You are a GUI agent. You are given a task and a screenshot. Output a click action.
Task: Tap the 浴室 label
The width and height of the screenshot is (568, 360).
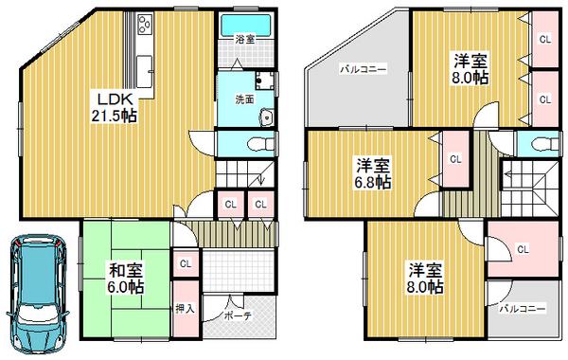point(244,39)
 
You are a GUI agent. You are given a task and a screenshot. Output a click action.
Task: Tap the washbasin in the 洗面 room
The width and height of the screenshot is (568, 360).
point(265,118)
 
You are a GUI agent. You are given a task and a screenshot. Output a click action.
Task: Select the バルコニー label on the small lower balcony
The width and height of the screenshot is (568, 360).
point(522,309)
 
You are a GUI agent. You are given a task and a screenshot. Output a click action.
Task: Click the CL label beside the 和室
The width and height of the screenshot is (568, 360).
point(186,264)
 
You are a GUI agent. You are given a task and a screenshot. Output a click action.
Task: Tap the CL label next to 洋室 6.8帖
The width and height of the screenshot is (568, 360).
point(455,158)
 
